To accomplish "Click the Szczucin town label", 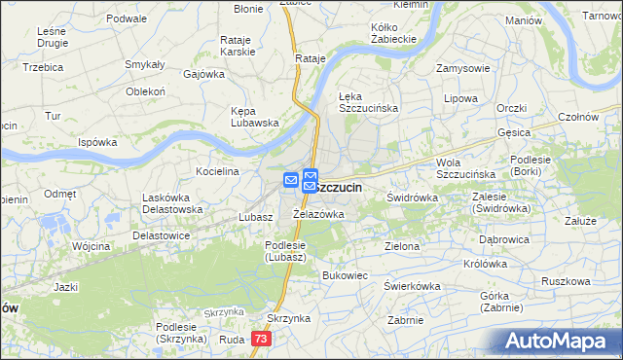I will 338,187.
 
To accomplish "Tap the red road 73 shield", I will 260,339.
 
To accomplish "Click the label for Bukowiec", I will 345,275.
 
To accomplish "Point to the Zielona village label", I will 402,247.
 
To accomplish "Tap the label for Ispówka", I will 97,142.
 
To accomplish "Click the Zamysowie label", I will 462,69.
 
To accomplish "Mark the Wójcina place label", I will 91,247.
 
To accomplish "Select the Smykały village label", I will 144,64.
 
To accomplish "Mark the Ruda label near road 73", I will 232,340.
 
